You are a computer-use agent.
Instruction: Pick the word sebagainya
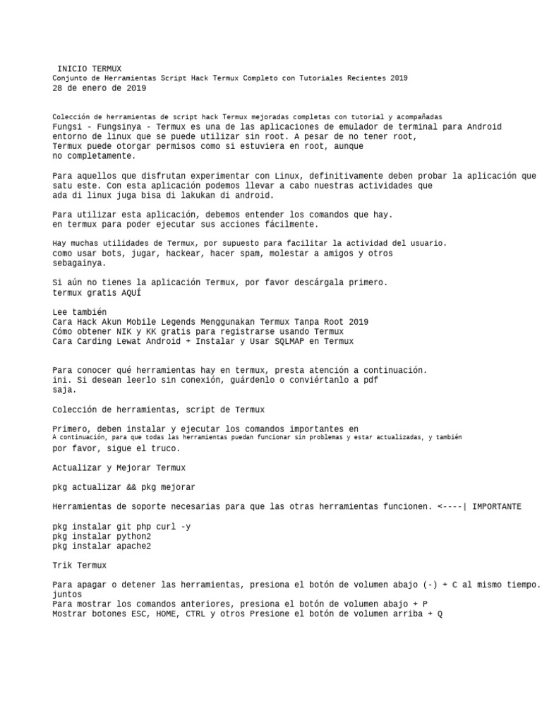79,263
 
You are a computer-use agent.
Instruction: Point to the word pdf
369,380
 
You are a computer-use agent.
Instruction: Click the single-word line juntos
68,594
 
